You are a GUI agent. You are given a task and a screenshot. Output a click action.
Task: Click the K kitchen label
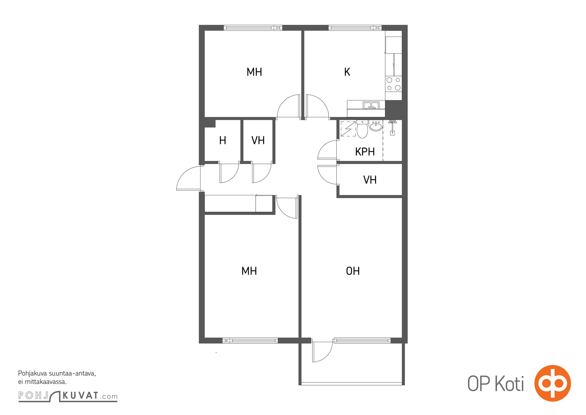(x=347, y=72)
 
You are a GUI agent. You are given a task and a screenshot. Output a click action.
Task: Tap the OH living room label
(x=353, y=271)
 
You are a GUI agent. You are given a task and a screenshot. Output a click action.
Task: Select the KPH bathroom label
(x=365, y=152)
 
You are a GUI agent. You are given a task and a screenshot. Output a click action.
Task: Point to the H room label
(x=223, y=140)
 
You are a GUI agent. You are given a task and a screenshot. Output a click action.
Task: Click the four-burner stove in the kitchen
(x=393, y=84)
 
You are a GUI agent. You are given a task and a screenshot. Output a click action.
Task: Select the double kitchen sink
(x=371, y=105)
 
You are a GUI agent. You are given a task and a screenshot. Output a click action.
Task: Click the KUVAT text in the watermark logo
(x=80, y=396)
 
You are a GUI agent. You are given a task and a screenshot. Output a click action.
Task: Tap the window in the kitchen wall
(x=355, y=27)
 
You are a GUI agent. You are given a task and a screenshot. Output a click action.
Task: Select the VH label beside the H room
(x=258, y=140)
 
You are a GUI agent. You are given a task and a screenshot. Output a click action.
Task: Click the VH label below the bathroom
(x=370, y=180)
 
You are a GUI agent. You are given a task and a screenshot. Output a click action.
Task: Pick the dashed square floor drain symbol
(x=348, y=129)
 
